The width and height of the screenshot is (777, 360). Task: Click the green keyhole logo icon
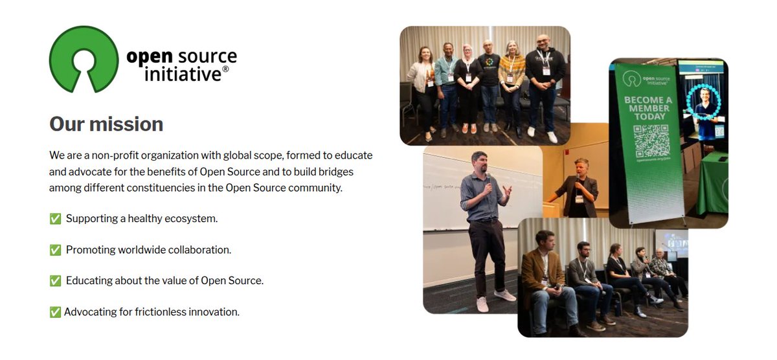(x=84, y=59)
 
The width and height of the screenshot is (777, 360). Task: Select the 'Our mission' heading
(x=106, y=124)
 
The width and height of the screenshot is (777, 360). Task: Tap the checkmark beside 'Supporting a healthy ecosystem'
(x=55, y=219)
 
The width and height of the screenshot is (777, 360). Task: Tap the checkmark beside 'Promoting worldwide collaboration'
(x=55, y=250)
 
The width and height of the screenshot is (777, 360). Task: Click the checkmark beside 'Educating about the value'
(x=55, y=281)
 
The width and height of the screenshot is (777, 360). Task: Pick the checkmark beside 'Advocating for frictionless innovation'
(x=55, y=312)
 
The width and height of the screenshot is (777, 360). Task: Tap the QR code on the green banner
(x=649, y=141)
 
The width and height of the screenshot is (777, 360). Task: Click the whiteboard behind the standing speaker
(x=447, y=194)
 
